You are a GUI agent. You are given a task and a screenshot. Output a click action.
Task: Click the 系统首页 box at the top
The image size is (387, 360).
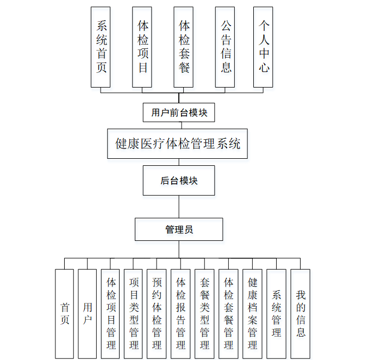click(x=101, y=47)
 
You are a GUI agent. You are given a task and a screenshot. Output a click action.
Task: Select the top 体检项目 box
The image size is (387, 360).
click(x=142, y=47)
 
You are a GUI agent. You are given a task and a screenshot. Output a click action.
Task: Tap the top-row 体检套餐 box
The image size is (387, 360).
click(x=184, y=47)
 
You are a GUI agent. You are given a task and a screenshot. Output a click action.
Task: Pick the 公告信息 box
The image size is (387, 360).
click(x=224, y=47)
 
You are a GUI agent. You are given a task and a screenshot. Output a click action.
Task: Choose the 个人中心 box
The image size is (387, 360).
click(x=263, y=47)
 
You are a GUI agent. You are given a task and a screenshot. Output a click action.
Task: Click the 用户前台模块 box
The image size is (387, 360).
click(x=179, y=113)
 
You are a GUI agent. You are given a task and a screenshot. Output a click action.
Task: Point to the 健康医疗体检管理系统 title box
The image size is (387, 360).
click(x=178, y=144)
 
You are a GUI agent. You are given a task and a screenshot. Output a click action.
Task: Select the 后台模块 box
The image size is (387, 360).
click(x=179, y=181)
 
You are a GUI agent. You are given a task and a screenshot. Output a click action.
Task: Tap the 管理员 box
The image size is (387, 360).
click(x=179, y=229)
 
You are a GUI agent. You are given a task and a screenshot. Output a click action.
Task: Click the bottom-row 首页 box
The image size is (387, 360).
click(x=64, y=313)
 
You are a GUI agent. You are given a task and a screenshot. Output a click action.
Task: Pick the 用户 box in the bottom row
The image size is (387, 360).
click(x=88, y=313)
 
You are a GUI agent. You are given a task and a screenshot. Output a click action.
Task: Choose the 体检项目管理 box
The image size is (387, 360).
click(x=111, y=313)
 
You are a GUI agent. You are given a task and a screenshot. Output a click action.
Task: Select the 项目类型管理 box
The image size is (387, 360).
click(x=134, y=313)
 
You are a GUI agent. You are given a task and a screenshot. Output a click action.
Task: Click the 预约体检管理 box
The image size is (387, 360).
click(x=157, y=313)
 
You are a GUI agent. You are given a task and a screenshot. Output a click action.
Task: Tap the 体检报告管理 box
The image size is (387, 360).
click(x=181, y=313)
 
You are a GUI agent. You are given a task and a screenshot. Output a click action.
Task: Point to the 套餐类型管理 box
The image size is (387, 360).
click(x=204, y=313)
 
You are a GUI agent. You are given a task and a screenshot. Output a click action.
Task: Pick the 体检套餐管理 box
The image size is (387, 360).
click(x=228, y=313)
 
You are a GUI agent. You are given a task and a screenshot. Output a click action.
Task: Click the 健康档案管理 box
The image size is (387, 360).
click(x=252, y=313)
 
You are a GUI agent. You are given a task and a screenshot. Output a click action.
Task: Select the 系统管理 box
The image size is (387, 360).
click(x=276, y=313)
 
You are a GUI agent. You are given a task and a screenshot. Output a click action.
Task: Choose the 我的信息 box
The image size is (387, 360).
click(x=300, y=313)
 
